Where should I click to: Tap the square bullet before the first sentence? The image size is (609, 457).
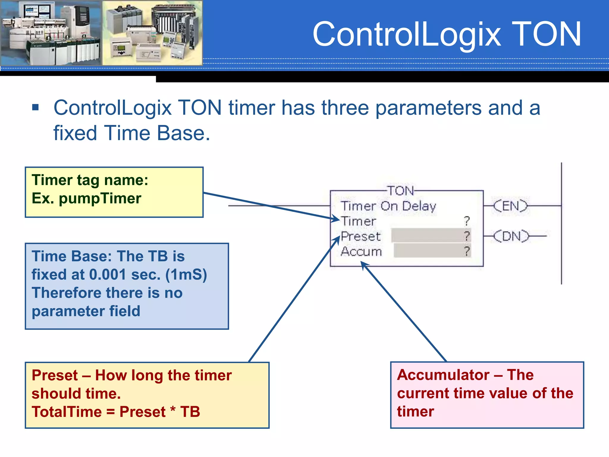(35, 107)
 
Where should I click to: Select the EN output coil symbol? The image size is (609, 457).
(510, 206)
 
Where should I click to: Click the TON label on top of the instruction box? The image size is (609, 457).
(401, 191)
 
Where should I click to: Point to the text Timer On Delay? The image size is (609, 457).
(388, 206)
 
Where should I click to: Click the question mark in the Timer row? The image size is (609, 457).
(467, 221)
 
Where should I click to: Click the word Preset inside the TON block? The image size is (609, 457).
(360, 237)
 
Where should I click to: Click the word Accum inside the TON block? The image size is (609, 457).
(361, 252)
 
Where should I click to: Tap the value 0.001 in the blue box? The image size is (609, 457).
(108, 274)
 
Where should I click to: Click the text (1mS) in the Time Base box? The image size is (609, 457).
(186, 274)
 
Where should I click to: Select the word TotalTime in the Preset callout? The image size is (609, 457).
(67, 412)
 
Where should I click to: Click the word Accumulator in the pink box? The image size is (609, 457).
(443, 375)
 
